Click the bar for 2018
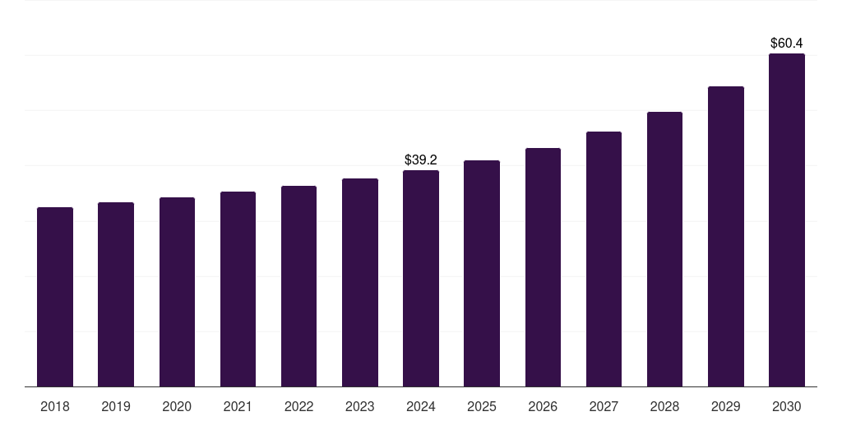click(x=55, y=297)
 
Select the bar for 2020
click(x=177, y=292)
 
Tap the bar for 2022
click(x=298, y=286)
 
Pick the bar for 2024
click(x=421, y=279)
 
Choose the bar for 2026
click(x=543, y=267)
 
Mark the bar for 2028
click(x=664, y=249)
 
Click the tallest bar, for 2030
click(x=787, y=220)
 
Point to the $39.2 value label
click(x=421, y=160)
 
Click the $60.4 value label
click(x=787, y=43)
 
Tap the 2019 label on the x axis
click(x=116, y=406)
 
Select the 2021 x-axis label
click(x=238, y=406)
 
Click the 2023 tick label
click(x=359, y=406)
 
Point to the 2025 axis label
click(x=482, y=406)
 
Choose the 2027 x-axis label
click(x=604, y=406)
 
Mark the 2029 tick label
click(x=725, y=406)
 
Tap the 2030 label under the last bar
click(x=787, y=406)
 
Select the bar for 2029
click(x=725, y=237)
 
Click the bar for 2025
click(x=482, y=274)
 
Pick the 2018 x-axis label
click(x=55, y=406)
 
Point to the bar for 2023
click(x=359, y=283)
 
